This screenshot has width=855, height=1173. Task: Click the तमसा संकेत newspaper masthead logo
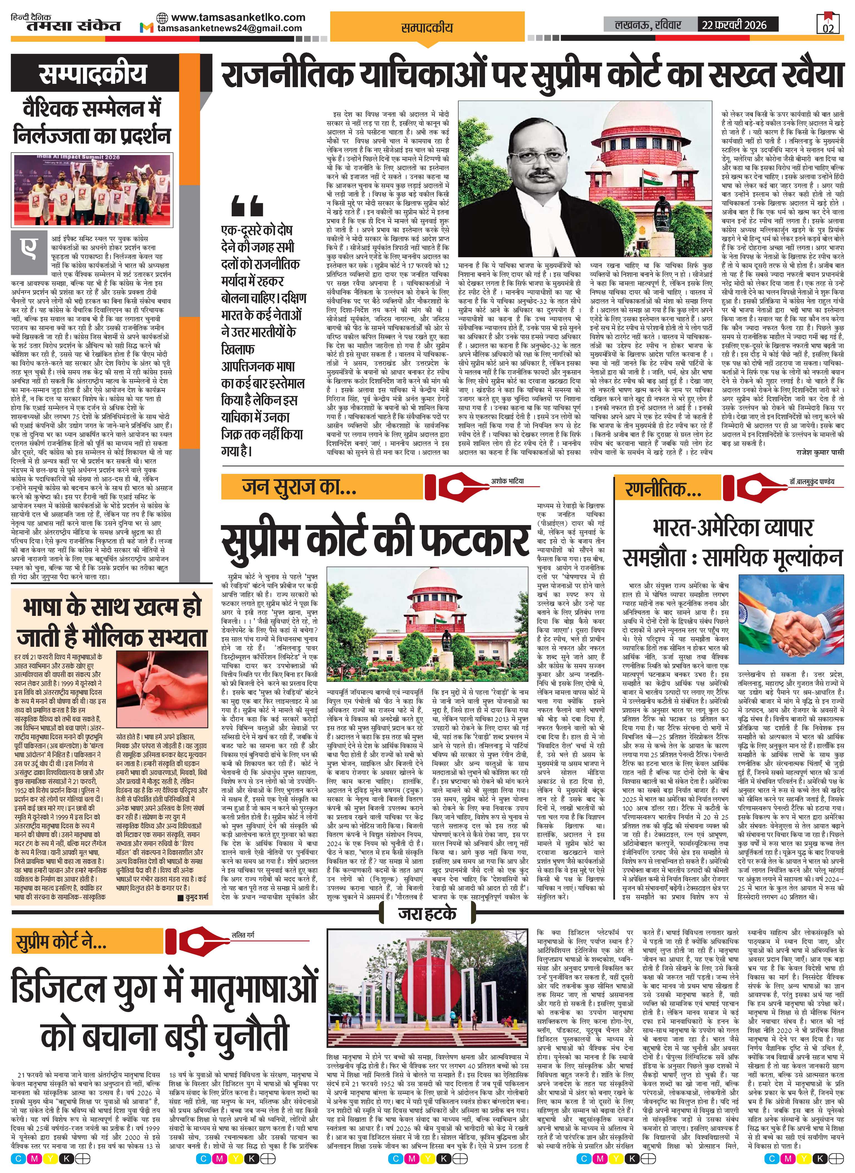pyautogui.click(x=66, y=25)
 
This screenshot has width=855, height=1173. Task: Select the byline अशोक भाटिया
pyautogui.click(x=508, y=481)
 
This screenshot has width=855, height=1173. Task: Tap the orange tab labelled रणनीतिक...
pyautogui.click(x=656, y=488)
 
